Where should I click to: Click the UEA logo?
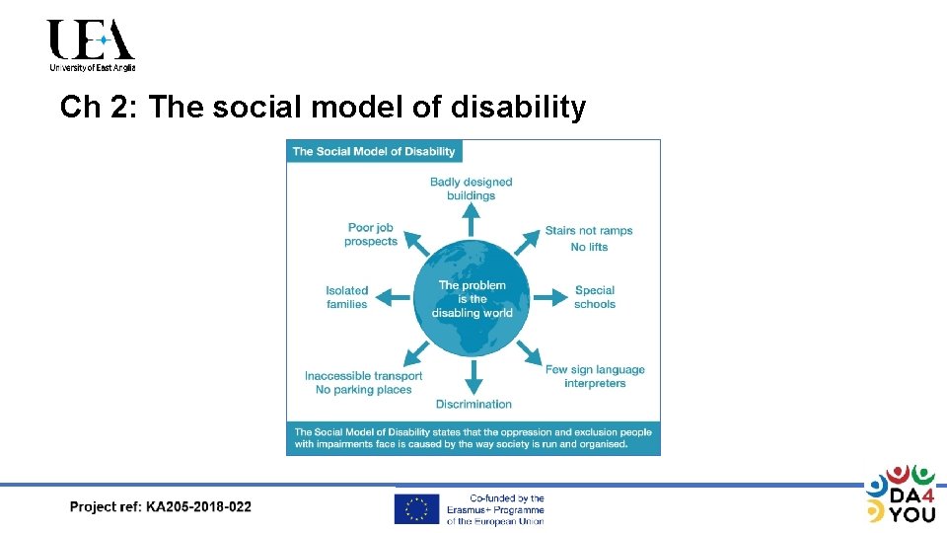(91, 45)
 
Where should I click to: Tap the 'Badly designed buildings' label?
(472, 189)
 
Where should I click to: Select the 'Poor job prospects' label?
(371, 235)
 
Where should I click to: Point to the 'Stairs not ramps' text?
(589, 231)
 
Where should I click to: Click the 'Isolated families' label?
(347, 297)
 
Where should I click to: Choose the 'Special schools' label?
(595, 297)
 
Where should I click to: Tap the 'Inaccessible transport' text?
(364, 376)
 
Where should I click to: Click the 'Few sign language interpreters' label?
(595, 376)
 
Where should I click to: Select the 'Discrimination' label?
(473, 404)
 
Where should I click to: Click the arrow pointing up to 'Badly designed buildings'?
(472, 219)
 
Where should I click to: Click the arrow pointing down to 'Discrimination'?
(473, 376)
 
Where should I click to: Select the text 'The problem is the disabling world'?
(473, 299)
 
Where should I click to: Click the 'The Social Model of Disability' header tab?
(374, 151)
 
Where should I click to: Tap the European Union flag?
(416, 508)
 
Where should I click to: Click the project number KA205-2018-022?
(198, 507)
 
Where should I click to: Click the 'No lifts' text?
(589, 247)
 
